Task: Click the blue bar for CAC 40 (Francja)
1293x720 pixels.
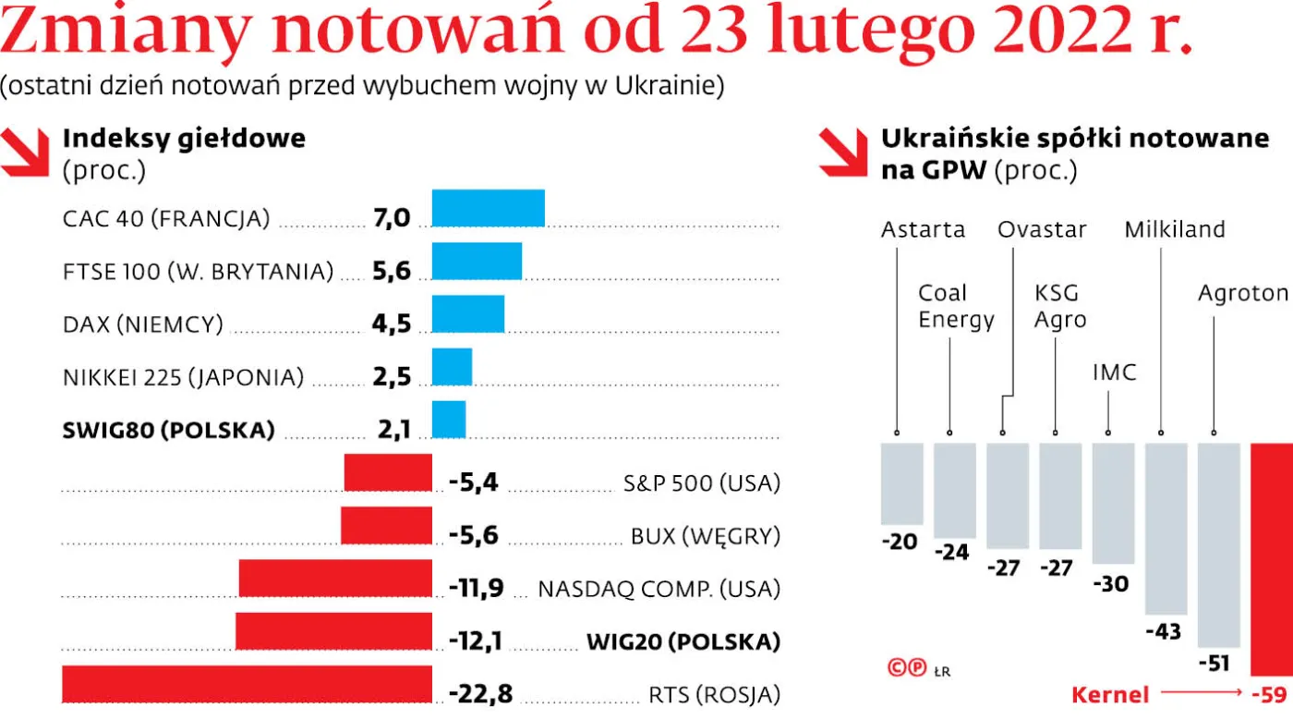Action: coord(488,207)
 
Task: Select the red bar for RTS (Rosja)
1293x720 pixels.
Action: coord(247,683)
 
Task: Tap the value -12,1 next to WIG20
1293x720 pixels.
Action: coord(476,641)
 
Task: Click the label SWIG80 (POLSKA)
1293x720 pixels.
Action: coord(168,430)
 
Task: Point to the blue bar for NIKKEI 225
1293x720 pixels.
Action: coord(452,366)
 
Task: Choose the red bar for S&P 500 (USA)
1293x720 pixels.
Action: coord(388,472)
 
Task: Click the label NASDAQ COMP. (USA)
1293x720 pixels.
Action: coord(659,588)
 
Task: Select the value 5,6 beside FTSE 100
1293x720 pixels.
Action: coord(391,271)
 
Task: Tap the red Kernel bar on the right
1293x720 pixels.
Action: coord(1272,559)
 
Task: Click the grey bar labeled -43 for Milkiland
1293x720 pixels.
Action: coord(1166,528)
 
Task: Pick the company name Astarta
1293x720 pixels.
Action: coord(923,229)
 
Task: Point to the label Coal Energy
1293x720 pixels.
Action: coord(955,307)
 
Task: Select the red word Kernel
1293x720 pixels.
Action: coord(1110,694)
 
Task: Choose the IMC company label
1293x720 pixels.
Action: coord(1114,373)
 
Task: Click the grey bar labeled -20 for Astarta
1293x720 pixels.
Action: coord(901,483)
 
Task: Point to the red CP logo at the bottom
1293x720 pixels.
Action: coord(906,668)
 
